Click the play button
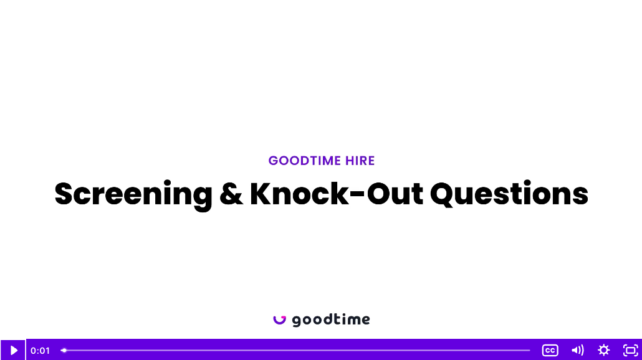point(13,350)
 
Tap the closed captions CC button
point(550,350)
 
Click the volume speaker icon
point(577,350)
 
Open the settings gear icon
point(604,350)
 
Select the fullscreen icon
point(631,350)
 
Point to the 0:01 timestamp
point(40,351)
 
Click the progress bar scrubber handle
point(64,350)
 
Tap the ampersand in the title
point(231,194)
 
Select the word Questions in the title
point(509,194)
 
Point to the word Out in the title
point(395,194)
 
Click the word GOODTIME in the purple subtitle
point(305,161)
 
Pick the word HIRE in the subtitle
point(360,161)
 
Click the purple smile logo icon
point(280,320)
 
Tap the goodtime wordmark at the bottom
point(331,320)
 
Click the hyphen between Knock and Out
point(357,194)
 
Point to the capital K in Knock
point(262,193)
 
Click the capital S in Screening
point(64,193)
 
